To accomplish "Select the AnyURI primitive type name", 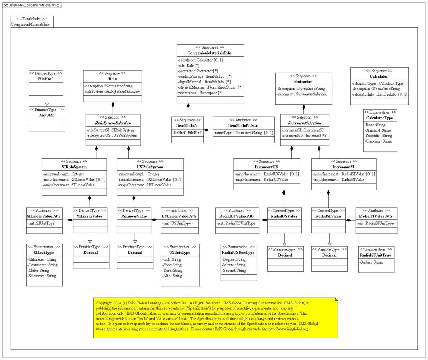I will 46,115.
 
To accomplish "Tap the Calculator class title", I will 379,76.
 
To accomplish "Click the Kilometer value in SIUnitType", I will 42,276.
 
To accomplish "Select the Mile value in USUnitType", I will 177,276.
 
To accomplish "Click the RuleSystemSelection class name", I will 113,123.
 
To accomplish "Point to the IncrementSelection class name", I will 305,123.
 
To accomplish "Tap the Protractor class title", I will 303,81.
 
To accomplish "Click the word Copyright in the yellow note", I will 104,303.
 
